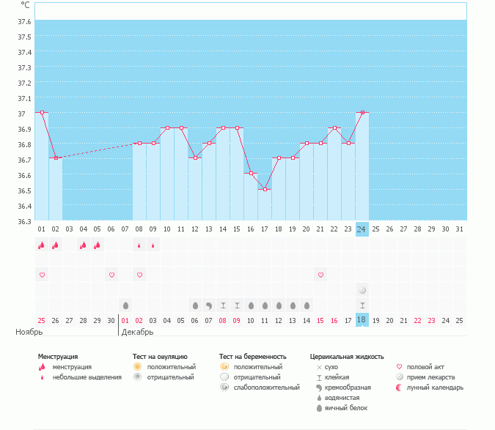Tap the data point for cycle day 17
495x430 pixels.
(x=265, y=189)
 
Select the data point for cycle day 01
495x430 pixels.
(x=42, y=113)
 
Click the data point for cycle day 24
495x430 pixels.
(x=362, y=113)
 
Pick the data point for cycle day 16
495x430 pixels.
(x=251, y=174)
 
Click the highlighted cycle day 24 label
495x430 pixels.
(x=362, y=229)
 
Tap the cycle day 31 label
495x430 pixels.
(x=459, y=229)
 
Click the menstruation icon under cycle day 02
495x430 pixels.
(x=56, y=245)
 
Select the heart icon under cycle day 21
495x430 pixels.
(x=320, y=275)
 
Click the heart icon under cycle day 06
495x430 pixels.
(x=111, y=275)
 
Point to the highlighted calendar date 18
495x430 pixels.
(x=362, y=320)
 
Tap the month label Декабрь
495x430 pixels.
(x=137, y=333)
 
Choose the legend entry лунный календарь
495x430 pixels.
(x=436, y=388)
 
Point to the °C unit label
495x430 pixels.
(x=25, y=4)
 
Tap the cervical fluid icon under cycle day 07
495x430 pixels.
(x=125, y=305)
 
